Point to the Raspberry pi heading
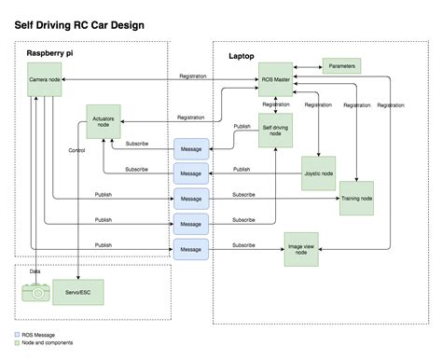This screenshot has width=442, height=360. click(52, 56)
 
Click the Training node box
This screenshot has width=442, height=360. click(357, 197)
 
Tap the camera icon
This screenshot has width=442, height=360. click(35, 292)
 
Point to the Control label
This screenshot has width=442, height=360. click(78, 150)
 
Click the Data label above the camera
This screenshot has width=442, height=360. click(35, 270)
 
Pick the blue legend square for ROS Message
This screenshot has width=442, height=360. click(18, 335)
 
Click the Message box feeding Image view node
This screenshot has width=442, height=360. click(190, 249)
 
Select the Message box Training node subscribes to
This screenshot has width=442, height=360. click(190, 198)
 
